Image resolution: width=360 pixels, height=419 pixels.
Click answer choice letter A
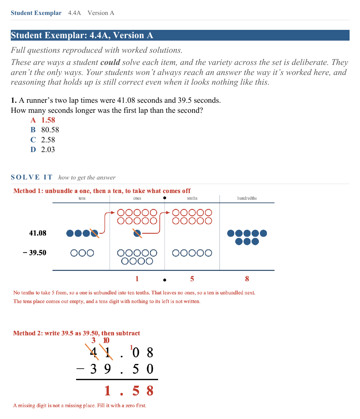33,120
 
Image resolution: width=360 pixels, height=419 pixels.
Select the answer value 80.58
50,130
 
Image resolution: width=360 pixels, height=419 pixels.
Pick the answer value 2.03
48,149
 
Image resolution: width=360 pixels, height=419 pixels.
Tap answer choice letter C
33,140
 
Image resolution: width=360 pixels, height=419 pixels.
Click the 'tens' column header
82,198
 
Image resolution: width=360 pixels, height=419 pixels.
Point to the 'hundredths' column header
247,198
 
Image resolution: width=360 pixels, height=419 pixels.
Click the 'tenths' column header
192,198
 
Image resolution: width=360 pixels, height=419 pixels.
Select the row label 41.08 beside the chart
38,233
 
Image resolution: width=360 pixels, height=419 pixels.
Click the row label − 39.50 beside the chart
34,253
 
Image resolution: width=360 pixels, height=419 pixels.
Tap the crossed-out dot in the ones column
137,233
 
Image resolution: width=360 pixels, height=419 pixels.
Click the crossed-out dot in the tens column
95,233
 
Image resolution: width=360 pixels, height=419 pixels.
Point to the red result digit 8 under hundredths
247,279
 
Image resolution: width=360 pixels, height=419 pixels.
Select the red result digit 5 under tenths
192,279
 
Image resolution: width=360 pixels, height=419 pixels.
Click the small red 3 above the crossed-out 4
93,340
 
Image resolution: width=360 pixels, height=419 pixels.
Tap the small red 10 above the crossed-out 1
106,340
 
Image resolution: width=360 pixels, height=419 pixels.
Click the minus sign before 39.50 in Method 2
80,368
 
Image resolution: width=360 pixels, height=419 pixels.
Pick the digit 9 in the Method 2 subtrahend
107,369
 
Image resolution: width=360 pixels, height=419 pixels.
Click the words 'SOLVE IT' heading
32,177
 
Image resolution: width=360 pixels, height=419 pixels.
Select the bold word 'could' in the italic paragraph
110,62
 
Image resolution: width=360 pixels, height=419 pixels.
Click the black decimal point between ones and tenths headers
165,198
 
